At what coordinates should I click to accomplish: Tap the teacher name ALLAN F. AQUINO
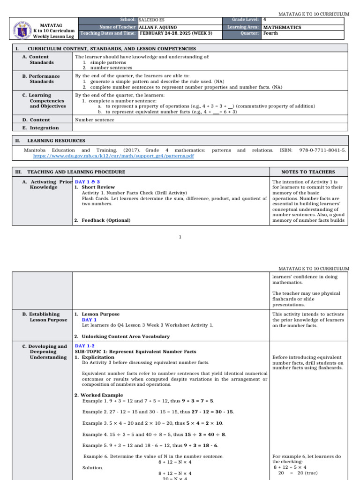coord(158,27)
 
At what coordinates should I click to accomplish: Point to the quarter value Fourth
coord(270,33)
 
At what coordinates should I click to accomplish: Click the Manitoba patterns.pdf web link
coord(113,156)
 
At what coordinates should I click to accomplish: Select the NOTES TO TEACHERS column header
coord(308,172)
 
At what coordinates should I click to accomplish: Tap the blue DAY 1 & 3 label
coord(87,182)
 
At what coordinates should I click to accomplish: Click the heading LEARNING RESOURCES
coord(56,140)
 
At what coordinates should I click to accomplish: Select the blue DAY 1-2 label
coord(84,345)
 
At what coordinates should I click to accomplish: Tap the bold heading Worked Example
coord(101,395)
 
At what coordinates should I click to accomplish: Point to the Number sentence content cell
coord(94,120)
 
